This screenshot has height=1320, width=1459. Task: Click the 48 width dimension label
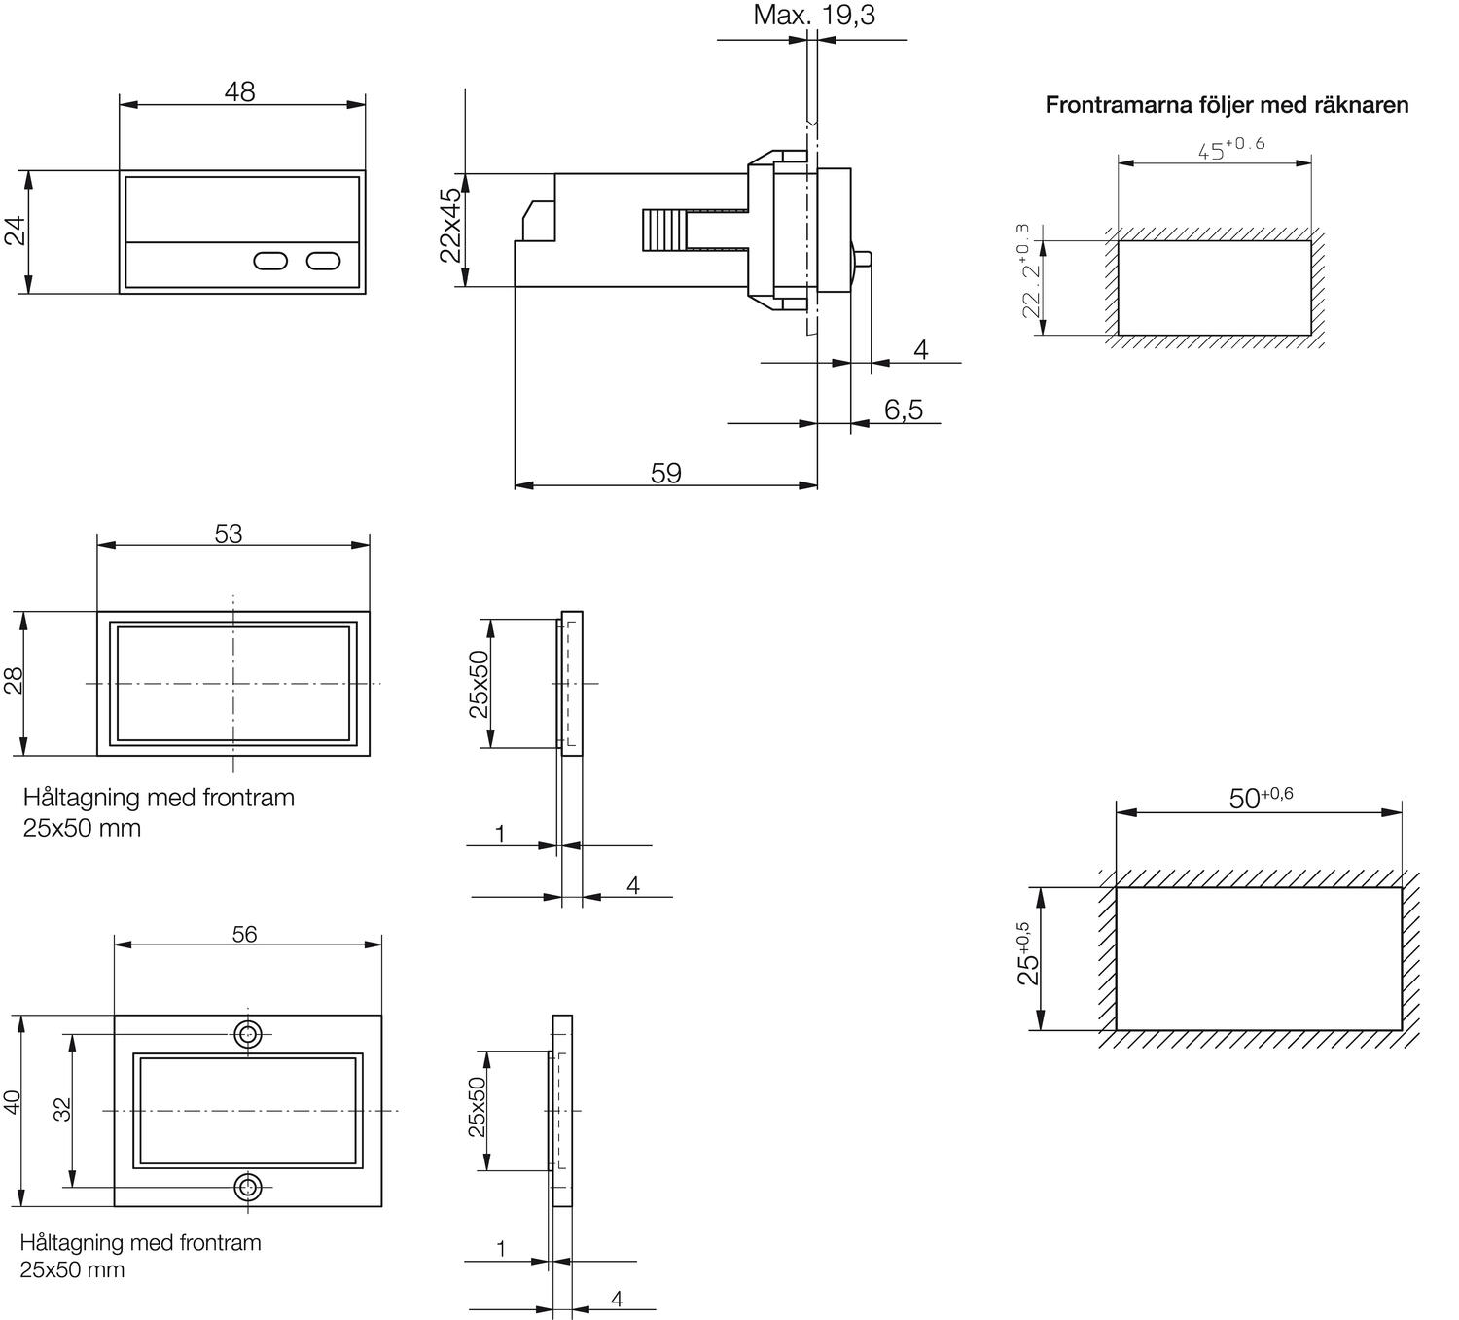239,91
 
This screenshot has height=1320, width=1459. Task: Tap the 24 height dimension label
15,232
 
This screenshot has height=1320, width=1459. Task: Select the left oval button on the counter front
270,261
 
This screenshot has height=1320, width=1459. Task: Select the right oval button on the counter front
324,261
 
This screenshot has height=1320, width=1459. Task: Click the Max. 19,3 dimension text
813,16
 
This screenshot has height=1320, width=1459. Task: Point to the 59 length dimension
665,473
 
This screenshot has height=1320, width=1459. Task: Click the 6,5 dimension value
903,410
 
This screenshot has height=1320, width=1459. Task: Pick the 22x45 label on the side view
449,226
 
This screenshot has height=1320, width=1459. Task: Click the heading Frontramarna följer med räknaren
1227,105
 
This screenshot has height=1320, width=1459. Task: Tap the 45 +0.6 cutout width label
1230,148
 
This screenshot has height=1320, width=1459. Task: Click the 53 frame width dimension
228,534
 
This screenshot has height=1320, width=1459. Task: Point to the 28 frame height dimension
13,681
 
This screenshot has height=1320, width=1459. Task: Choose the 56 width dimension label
244,934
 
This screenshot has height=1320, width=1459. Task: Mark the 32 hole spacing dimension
62,1109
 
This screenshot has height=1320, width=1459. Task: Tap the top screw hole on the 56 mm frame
248,1034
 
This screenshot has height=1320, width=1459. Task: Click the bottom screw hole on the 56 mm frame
248,1187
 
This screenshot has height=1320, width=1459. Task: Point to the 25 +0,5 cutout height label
1028,955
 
